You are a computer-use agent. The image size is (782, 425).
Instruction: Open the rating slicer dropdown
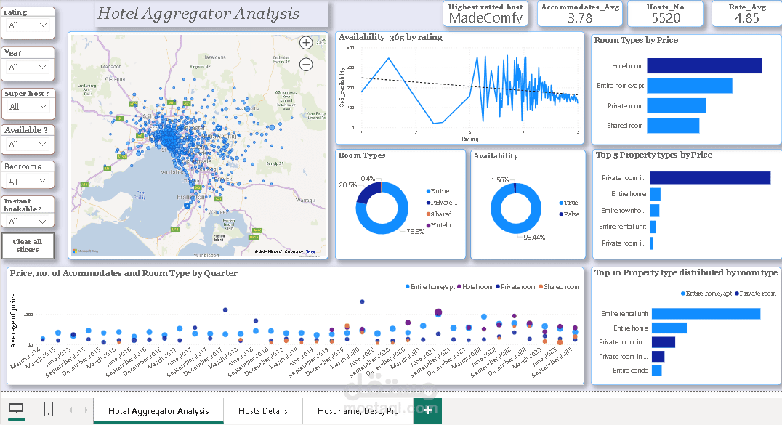(42, 25)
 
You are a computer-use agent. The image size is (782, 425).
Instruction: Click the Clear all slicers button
(28, 246)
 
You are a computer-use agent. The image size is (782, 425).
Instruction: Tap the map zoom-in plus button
(306, 43)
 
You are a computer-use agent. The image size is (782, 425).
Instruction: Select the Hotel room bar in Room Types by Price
(704, 66)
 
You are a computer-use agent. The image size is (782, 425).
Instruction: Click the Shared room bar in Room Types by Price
(673, 126)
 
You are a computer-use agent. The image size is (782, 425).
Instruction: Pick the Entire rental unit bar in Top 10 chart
(705, 314)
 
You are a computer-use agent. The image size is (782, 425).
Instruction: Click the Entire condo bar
(656, 371)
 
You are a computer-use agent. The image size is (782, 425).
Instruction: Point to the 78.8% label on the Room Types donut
(415, 232)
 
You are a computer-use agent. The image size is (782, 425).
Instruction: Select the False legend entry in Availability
(570, 214)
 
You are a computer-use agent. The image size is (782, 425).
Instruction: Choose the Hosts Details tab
(263, 411)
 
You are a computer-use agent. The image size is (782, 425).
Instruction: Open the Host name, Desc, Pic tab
(358, 411)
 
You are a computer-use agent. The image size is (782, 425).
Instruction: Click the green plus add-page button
(427, 410)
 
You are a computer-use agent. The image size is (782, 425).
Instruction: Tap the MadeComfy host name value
(486, 18)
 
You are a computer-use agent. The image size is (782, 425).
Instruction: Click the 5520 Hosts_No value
(666, 18)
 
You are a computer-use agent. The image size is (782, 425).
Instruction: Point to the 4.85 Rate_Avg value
(746, 18)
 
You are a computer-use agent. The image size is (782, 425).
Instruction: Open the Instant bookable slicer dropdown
(42, 222)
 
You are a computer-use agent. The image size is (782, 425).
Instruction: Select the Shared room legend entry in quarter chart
(561, 287)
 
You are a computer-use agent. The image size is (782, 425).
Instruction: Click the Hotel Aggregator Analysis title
(198, 14)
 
